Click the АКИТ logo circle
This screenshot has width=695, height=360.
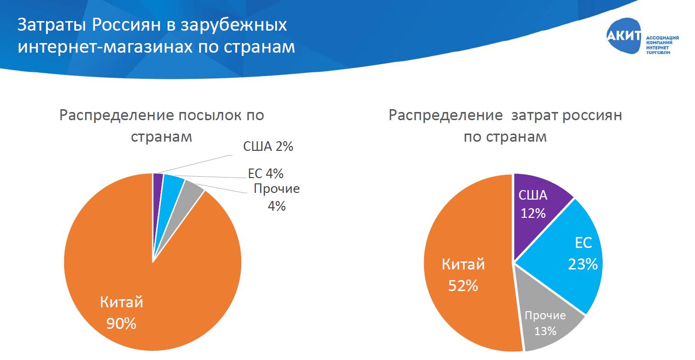click(x=624, y=37)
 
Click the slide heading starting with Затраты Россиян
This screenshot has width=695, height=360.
click(x=156, y=36)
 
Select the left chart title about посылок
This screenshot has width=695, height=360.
click(x=161, y=125)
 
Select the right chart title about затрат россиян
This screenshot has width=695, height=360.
click(x=505, y=125)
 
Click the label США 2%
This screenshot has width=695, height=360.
click(x=268, y=146)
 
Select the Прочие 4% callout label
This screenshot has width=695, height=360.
click(x=277, y=197)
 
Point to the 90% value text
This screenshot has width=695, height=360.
click(x=122, y=324)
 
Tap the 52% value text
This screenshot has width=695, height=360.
click(x=463, y=285)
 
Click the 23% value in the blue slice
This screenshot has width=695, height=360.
click(x=583, y=264)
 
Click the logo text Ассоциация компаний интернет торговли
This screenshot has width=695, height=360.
click(x=662, y=45)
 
